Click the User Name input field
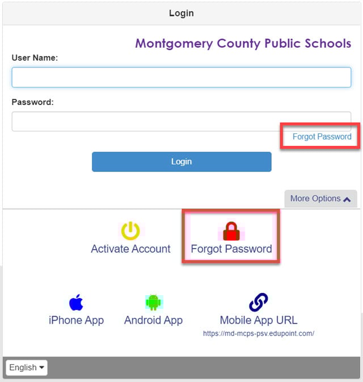click(181, 77)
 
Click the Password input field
click(181, 121)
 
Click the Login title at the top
click(181, 12)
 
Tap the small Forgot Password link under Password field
click(322, 137)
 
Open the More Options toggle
click(320, 199)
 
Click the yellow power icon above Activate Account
click(130, 230)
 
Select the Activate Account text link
click(130, 249)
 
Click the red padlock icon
click(231, 231)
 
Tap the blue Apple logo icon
click(76, 302)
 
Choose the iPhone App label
click(76, 320)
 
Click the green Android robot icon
click(153, 302)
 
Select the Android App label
click(153, 320)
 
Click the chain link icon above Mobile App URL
click(258, 302)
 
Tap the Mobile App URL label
click(258, 320)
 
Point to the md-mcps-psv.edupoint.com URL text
click(258, 334)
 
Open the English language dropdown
click(27, 367)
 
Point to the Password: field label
click(32, 102)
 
